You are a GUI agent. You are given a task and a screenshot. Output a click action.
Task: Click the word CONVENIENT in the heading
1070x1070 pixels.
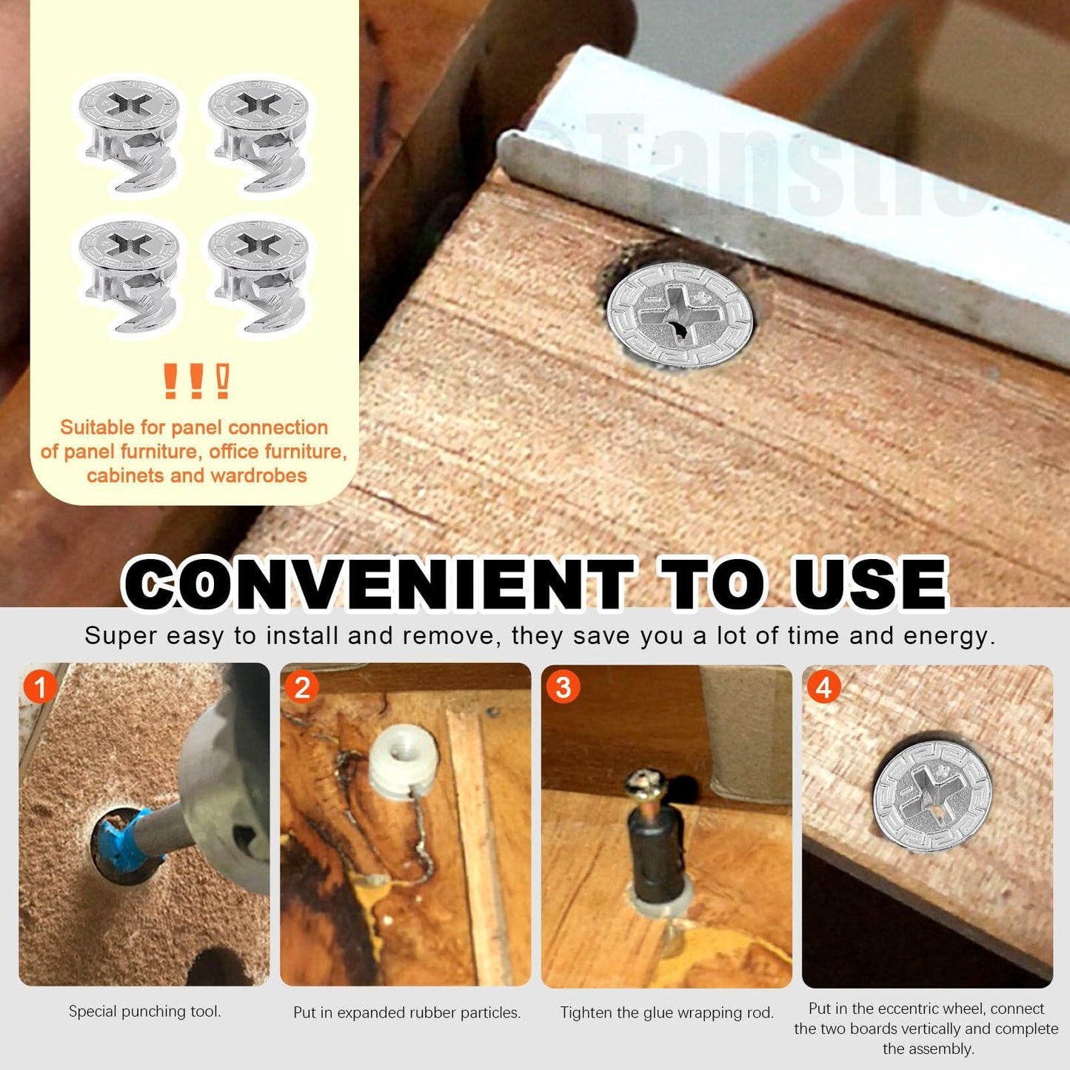coord(378,584)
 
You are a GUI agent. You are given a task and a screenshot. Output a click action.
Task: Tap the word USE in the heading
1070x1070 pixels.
coord(869,584)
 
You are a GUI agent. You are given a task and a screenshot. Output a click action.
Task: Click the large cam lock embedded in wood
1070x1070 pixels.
coord(680,315)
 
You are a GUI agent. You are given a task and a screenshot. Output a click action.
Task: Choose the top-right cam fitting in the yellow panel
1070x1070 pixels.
coord(258,137)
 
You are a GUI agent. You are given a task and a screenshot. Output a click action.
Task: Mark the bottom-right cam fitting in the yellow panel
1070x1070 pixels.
coord(258,276)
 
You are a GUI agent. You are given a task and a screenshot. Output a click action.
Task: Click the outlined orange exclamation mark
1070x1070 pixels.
coord(223,381)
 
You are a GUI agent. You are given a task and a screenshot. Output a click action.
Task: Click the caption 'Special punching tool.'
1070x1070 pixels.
coord(145,1012)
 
